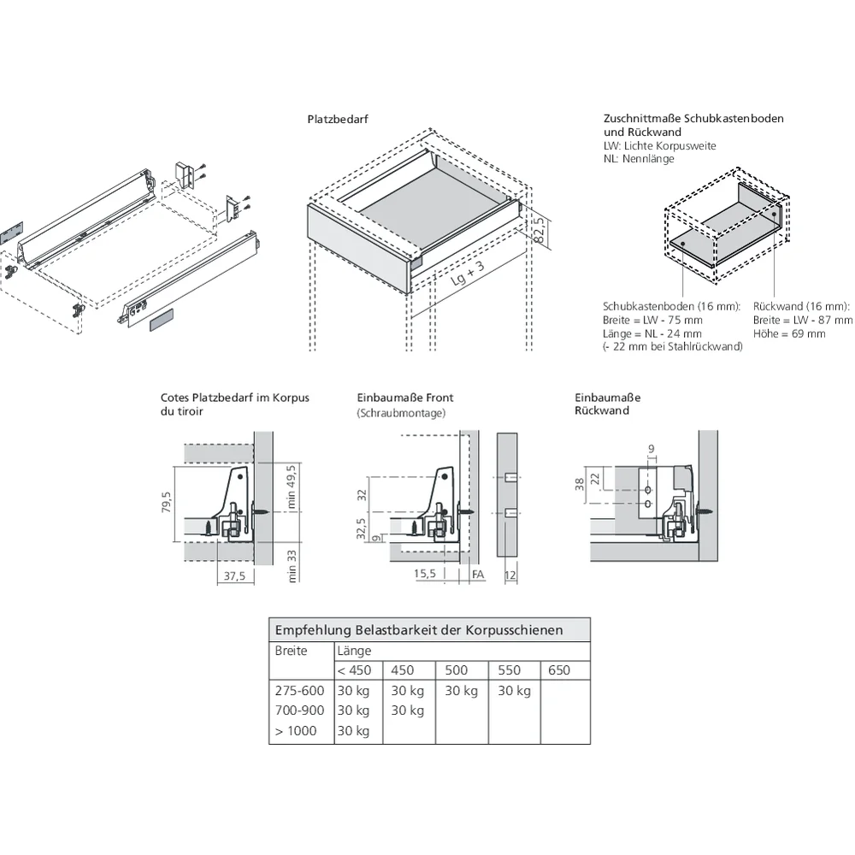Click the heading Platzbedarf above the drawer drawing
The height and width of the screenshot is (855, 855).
point(338,120)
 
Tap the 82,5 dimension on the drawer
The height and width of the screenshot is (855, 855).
point(540,230)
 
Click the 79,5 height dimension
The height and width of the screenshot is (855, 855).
point(167,505)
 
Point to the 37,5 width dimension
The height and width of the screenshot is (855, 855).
point(233,576)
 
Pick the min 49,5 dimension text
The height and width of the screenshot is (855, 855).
point(291,486)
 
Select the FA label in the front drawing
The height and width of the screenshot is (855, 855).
point(478,575)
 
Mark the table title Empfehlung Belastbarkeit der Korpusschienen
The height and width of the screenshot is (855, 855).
point(419,630)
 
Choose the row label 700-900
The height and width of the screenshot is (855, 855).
point(299,711)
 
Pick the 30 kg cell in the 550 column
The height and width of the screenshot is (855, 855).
point(513,691)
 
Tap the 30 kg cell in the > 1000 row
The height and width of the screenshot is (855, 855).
point(353,731)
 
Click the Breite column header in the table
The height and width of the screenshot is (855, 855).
point(291,652)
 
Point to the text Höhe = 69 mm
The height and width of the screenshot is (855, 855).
point(789,333)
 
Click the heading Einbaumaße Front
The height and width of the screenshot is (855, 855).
point(405,398)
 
